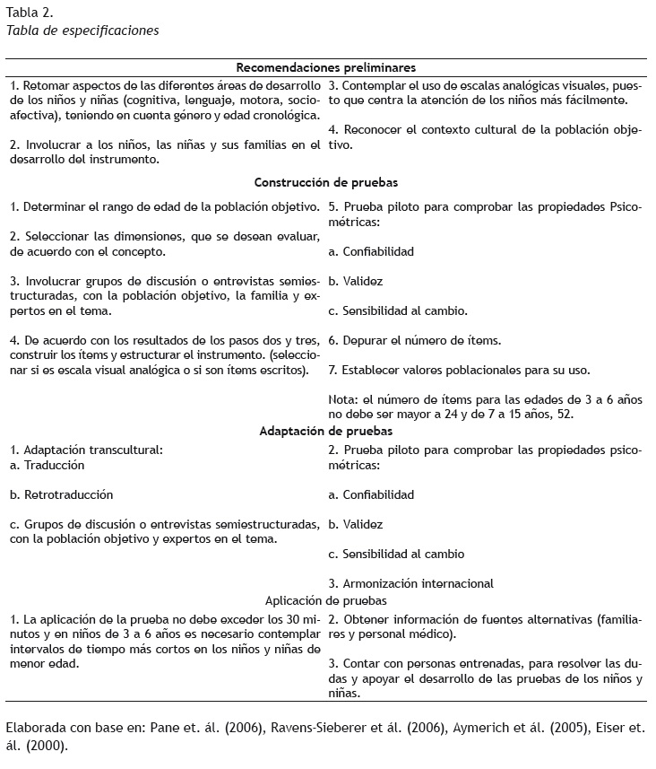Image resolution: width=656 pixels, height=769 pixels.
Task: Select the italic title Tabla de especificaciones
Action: click(82, 30)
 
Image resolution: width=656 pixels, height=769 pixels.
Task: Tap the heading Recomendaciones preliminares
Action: click(325, 67)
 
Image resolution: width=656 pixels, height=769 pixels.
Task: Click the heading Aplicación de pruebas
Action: click(326, 600)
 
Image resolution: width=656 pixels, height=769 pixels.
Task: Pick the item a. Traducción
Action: click(47, 465)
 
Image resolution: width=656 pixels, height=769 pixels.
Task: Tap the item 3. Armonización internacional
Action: click(411, 583)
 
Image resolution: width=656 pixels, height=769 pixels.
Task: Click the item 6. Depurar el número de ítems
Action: click(415, 340)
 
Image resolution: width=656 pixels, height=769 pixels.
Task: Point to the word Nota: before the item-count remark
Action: click(344, 399)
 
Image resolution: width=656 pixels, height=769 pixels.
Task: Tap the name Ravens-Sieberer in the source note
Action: click(288, 729)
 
